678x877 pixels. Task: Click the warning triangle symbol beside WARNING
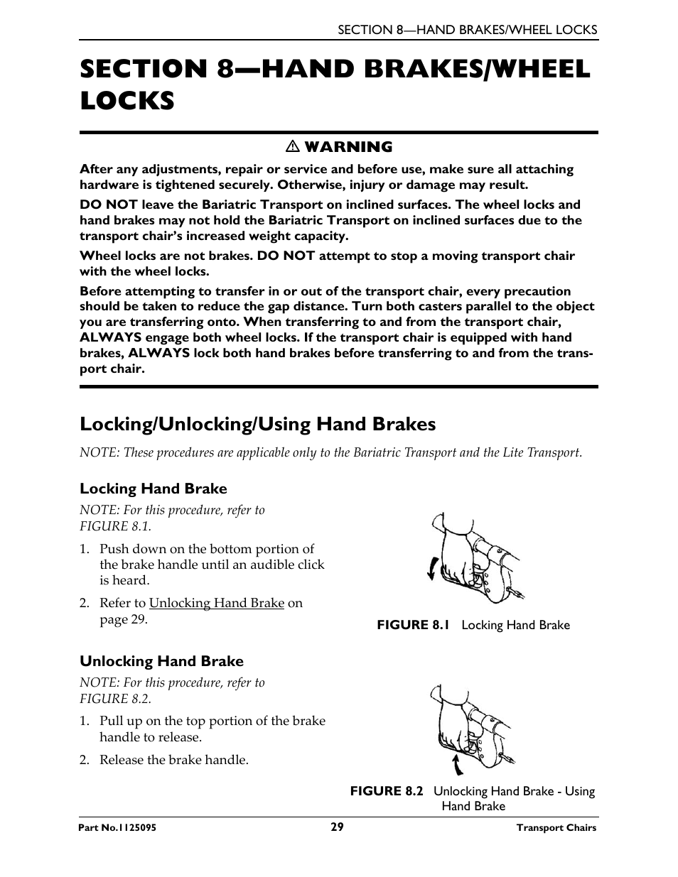tap(291, 147)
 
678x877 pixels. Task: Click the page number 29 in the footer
tap(337, 827)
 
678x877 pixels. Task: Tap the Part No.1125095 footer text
tap(118, 828)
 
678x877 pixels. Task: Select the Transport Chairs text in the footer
tap(556, 828)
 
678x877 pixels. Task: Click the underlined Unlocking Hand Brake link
tap(216, 603)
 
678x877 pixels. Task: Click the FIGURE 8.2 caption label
tap(387, 791)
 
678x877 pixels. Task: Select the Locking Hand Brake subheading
tap(154, 489)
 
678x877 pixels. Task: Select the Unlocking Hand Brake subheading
tap(161, 661)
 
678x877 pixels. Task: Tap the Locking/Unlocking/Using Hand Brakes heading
tap(257, 424)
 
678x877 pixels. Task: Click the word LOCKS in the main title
tap(127, 101)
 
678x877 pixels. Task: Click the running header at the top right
tap(467, 30)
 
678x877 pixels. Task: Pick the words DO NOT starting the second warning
tap(108, 205)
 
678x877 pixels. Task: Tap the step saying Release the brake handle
tap(173, 760)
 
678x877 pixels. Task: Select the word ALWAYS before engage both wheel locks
tap(110, 337)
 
